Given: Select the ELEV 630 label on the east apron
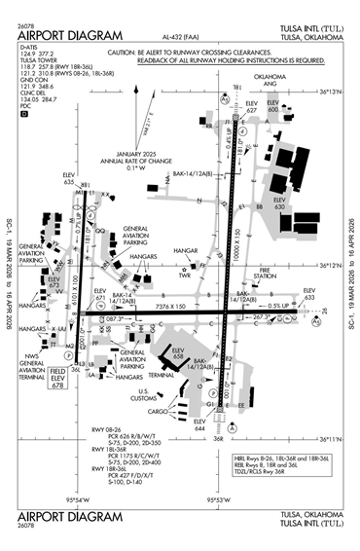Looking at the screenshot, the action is pos(280,203).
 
